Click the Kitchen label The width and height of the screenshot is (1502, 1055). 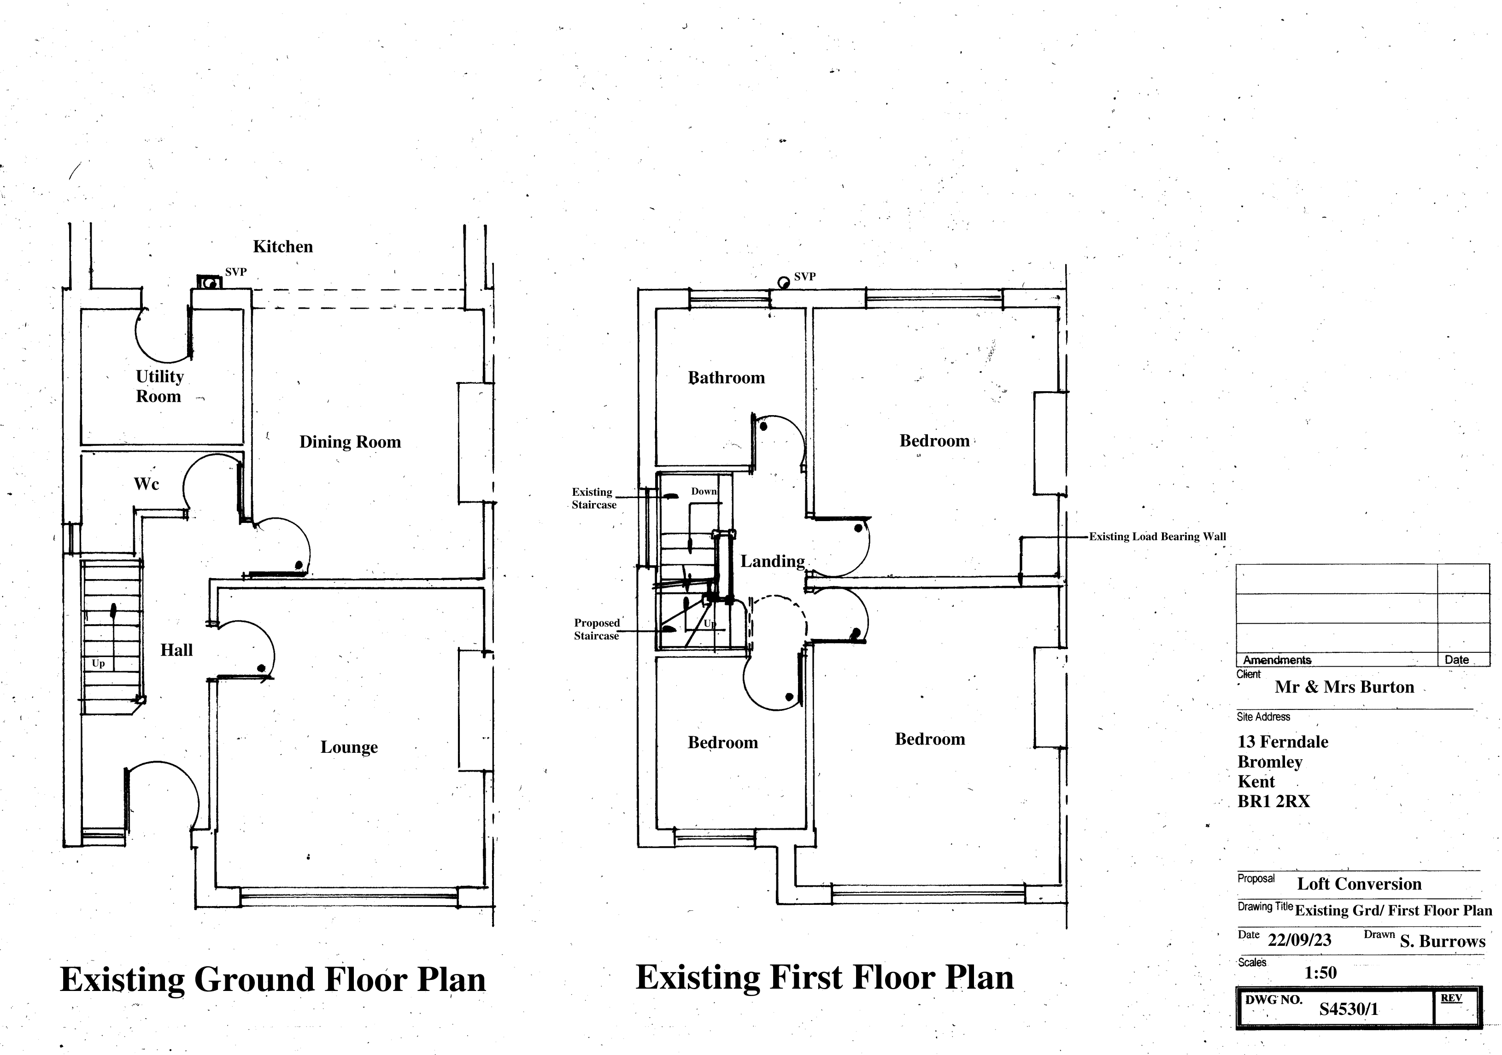[282, 246]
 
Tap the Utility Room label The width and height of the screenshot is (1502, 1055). [159, 386]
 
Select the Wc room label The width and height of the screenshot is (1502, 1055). [146, 484]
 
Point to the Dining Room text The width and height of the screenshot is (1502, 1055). [350, 442]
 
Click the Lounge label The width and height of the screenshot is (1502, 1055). [349, 747]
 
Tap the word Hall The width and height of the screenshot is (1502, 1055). [176, 650]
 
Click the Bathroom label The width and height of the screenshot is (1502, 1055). [726, 378]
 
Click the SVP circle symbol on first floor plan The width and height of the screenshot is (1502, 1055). [783, 282]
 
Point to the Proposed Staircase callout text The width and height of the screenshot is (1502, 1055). [597, 629]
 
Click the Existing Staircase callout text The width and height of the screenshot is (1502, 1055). [593, 498]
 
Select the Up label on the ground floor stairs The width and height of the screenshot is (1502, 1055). [98, 663]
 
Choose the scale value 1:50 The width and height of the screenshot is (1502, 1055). [1320, 973]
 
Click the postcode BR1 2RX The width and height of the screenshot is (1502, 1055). [1273, 801]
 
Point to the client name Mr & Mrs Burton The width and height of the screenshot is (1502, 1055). [1344, 687]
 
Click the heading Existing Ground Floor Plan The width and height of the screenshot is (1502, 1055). [273, 979]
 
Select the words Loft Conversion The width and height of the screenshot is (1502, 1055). [1359, 884]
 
